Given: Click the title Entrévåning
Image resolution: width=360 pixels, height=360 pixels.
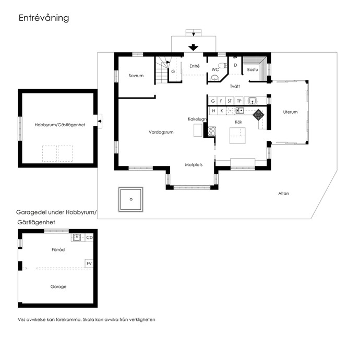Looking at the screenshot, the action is click(x=44, y=18).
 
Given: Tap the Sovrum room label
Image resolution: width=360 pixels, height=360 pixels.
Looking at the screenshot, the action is click(x=136, y=76).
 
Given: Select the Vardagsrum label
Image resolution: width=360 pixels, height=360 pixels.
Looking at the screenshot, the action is click(x=161, y=132).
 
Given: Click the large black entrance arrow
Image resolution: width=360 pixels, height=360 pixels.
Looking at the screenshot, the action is click(x=194, y=47).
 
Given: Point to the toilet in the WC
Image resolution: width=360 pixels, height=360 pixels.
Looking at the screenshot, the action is click(x=222, y=66).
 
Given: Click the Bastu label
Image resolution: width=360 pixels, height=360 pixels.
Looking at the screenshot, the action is click(x=253, y=69).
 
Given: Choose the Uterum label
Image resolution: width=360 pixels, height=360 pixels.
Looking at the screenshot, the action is click(x=290, y=112).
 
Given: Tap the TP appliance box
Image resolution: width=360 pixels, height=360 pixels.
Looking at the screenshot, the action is click(x=239, y=101).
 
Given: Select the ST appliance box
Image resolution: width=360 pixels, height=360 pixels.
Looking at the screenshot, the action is click(x=230, y=101).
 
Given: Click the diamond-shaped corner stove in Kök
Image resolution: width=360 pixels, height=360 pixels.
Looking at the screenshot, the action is click(x=258, y=115).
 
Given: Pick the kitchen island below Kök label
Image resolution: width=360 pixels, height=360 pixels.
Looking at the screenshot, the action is click(x=237, y=136).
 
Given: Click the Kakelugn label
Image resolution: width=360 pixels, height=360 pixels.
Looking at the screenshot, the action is click(x=197, y=119).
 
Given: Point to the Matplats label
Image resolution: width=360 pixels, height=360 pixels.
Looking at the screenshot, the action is click(x=194, y=165).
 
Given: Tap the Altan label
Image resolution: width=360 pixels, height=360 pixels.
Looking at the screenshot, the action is click(x=283, y=194).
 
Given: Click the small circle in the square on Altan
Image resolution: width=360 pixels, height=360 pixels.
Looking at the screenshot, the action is click(x=131, y=199).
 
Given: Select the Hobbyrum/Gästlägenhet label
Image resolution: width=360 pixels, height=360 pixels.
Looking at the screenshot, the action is click(x=60, y=125).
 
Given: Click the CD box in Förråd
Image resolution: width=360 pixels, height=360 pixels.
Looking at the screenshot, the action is click(x=89, y=237).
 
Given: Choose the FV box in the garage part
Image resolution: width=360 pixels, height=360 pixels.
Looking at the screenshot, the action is click(x=89, y=263).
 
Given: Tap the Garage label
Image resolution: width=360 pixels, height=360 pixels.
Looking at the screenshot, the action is click(x=58, y=286).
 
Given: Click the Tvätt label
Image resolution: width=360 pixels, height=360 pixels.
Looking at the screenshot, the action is click(x=235, y=86).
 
